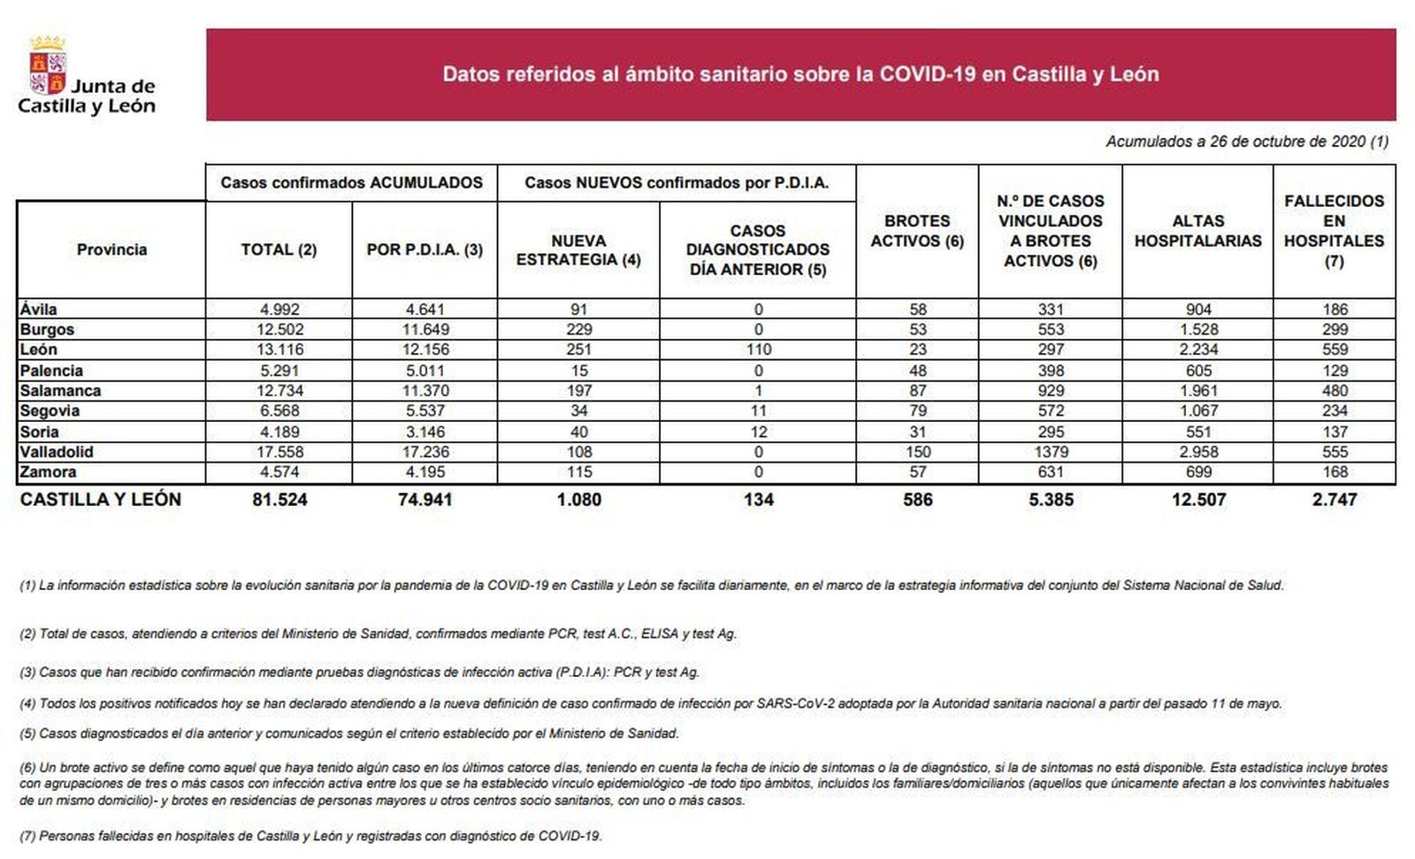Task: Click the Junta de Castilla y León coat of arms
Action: [x=48, y=65]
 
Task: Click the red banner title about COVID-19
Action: [x=800, y=74]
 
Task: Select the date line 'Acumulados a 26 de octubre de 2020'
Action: [x=1246, y=142]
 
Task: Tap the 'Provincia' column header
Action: [x=111, y=249]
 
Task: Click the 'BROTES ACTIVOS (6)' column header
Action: [x=917, y=231]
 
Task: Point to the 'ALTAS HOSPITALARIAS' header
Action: [x=1197, y=231]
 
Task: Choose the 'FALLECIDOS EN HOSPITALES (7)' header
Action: [x=1334, y=231]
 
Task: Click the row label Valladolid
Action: [x=57, y=452]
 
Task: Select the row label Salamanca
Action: [x=60, y=391]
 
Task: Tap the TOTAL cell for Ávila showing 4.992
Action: [x=279, y=310]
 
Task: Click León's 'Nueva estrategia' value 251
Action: [x=578, y=349]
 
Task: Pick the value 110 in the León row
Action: [x=758, y=349]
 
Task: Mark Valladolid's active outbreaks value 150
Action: [x=917, y=452]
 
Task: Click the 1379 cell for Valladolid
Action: [x=1051, y=452]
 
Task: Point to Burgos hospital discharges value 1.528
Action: [x=1198, y=330]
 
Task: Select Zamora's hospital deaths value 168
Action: [x=1335, y=472]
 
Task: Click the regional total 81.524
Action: [x=279, y=500]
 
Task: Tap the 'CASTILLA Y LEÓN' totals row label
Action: [x=101, y=500]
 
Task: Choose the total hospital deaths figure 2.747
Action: [x=1335, y=500]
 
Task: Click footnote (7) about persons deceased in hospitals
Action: [x=310, y=836]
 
